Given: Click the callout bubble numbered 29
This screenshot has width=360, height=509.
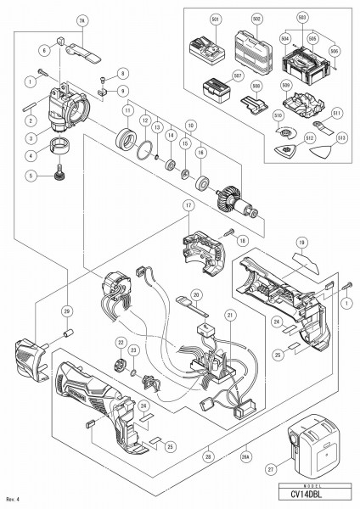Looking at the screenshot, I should (x=42, y=311).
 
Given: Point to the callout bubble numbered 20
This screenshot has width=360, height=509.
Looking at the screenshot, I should (x=195, y=294).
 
